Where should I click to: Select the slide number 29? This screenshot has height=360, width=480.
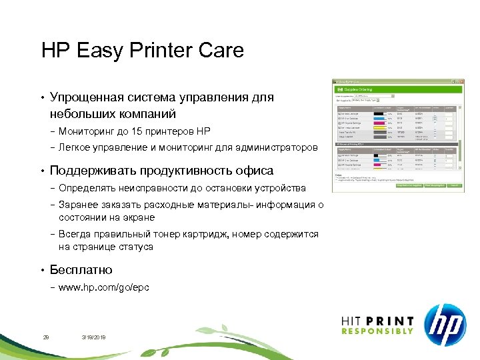click(46, 338)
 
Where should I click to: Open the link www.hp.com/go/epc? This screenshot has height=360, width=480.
click(104, 287)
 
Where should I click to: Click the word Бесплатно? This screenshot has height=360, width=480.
click(81, 270)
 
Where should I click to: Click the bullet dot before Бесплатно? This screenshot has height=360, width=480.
click(42, 270)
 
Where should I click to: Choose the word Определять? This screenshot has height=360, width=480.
click(86, 188)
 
